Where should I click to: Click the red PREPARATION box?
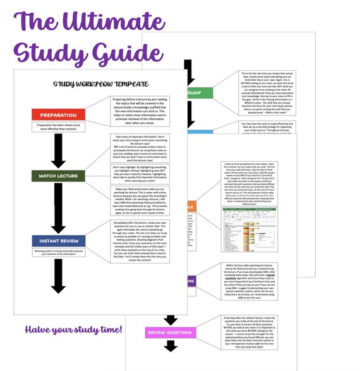(58, 116)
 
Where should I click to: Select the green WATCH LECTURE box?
(58, 175)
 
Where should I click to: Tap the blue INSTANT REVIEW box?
(58, 241)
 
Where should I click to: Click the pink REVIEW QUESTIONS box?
(170, 332)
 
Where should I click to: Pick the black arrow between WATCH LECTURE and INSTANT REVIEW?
(58, 209)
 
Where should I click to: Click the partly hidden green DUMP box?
(200, 93)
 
